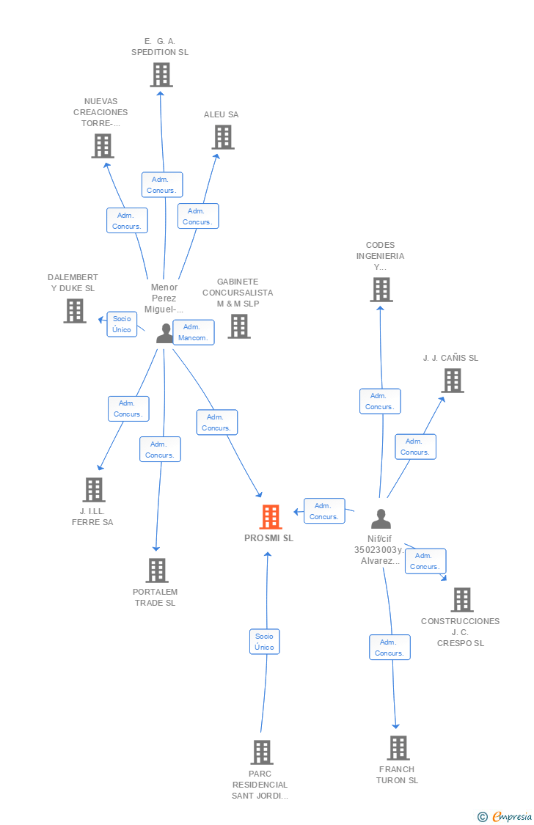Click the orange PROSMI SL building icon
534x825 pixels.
pyautogui.click(x=271, y=517)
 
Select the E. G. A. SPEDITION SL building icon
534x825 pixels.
pyautogui.click(x=161, y=75)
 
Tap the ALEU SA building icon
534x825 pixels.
pyautogui.click(x=223, y=137)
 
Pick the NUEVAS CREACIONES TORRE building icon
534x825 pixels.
pyautogui.click(x=103, y=146)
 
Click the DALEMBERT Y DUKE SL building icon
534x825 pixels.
pyautogui.click(x=75, y=311)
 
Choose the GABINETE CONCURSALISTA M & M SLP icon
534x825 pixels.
pyautogui.click(x=239, y=326)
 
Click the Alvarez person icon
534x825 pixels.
pyautogui.click(x=381, y=519)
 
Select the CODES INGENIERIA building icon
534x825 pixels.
pyautogui.click(x=381, y=290)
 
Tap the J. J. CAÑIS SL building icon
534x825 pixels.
pyautogui.click(x=453, y=381)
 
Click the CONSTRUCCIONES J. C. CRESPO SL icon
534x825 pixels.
pyautogui.click(x=462, y=600)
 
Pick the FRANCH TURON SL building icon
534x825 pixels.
pyautogui.click(x=398, y=748)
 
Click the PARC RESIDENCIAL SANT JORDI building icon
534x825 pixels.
pyautogui.click(x=262, y=752)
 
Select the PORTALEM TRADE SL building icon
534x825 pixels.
pyautogui.click(x=156, y=571)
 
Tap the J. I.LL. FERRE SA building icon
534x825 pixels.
pyautogui.click(x=94, y=490)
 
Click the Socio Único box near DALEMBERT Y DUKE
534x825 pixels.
pyautogui.click(x=122, y=324)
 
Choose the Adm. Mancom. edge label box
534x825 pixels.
pyautogui.click(x=194, y=332)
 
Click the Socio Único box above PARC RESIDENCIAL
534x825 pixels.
pyautogui.click(x=264, y=642)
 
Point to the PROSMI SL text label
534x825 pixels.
pyautogui.click(x=268, y=538)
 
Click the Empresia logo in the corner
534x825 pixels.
pyautogui.click(x=506, y=817)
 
